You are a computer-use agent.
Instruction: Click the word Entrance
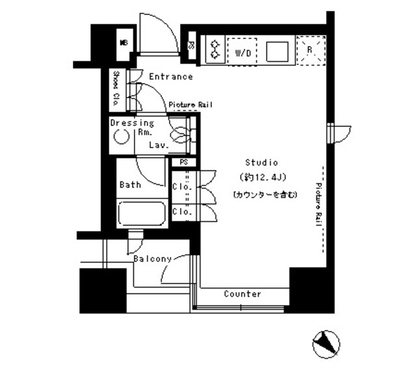click(171, 77)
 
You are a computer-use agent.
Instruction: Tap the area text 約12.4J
click(261, 178)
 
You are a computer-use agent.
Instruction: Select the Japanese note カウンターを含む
click(265, 194)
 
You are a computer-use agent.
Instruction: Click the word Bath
click(130, 185)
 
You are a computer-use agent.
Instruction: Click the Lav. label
click(159, 146)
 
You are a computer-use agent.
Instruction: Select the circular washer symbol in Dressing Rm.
click(120, 137)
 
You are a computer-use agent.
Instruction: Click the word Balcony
click(152, 259)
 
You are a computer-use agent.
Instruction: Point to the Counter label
click(242, 294)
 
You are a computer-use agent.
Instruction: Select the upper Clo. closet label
click(182, 187)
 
